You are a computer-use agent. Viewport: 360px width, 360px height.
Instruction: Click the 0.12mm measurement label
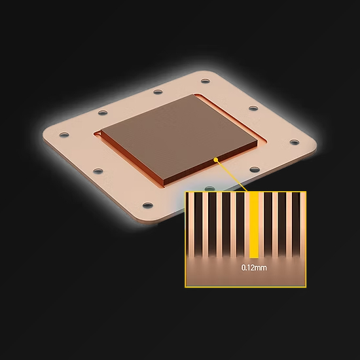254,268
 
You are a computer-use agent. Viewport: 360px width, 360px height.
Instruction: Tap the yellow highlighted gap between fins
254,225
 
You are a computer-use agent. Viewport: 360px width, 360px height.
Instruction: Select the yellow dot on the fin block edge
215,160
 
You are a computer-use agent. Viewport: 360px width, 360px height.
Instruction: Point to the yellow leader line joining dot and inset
232,175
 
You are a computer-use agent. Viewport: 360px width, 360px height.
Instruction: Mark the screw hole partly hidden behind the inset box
209,189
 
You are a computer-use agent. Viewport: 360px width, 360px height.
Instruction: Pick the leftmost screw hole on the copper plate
64,134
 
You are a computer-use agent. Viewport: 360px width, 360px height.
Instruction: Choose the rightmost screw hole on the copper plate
295,142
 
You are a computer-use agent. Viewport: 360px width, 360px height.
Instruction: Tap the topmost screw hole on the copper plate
206,81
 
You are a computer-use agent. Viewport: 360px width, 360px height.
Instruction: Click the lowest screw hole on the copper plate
148,205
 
